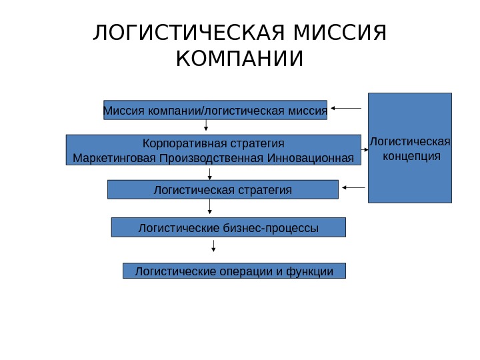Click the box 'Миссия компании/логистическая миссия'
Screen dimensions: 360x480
click(215, 109)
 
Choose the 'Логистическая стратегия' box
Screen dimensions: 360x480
click(223, 190)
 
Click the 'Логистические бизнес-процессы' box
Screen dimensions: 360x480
click(228, 228)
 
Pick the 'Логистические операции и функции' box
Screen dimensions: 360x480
click(234, 271)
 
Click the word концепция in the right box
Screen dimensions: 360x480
click(409, 156)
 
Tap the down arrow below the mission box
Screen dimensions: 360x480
click(207, 126)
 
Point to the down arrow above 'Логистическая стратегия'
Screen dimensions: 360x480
click(210, 173)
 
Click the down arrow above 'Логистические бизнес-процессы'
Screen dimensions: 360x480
click(210, 208)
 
